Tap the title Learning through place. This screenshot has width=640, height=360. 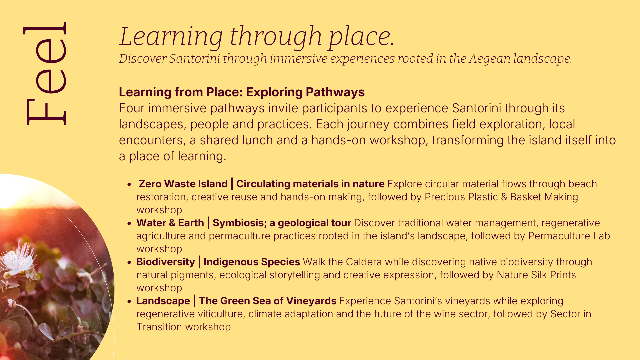[x=257, y=37]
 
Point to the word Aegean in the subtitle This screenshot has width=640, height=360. [x=489, y=59]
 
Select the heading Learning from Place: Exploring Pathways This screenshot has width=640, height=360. [x=242, y=92]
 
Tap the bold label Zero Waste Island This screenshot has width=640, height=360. [x=183, y=184]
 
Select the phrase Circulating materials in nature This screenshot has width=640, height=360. [x=310, y=184]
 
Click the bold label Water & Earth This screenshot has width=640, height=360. [x=170, y=223]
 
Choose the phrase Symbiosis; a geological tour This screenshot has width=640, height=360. [x=282, y=223]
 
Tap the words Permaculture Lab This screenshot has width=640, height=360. [x=569, y=236]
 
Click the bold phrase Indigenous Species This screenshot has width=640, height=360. [x=252, y=262]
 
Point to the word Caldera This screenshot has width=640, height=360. [x=364, y=262]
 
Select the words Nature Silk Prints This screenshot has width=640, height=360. [x=536, y=275]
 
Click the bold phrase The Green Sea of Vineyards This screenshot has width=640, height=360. [x=268, y=301]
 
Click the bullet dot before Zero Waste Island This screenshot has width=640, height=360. [x=129, y=185]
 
